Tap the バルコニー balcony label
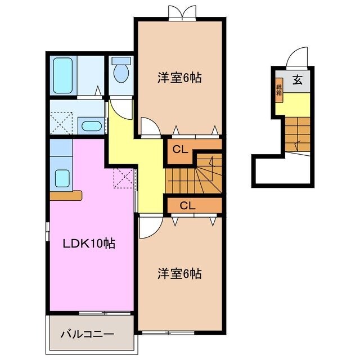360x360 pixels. pyautogui.click(x=87, y=334)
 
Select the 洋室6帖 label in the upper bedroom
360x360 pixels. pyautogui.click(x=179, y=78)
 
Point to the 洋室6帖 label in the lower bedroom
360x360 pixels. pyautogui.click(x=179, y=274)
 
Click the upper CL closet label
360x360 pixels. pyautogui.click(x=179, y=150)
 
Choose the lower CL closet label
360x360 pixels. pyautogui.click(x=187, y=205)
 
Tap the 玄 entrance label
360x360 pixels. pyautogui.click(x=297, y=80)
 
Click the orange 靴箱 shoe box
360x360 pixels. pyautogui.click(x=278, y=90)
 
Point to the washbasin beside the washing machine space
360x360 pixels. pyautogui.click(x=90, y=125)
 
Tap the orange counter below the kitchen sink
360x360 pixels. pyautogui.click(x=66, y=196)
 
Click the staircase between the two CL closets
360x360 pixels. pyautogui.click(x=194, y=177)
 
